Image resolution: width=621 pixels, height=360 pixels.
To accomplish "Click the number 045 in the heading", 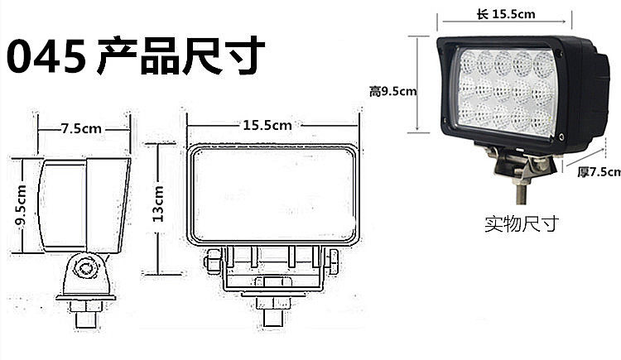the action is (46, 57).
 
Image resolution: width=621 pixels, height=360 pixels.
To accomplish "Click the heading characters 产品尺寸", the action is (181, 55).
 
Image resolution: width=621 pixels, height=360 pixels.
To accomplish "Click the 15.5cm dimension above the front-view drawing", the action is (267, 126).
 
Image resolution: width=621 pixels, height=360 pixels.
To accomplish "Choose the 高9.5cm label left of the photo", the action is (392, 91).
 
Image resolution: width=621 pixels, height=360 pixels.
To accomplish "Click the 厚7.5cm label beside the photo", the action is (598, 171).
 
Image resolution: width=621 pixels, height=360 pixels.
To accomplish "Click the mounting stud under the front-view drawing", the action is (272, 314).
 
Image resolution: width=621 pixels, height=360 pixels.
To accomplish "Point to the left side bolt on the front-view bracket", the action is (212, 262).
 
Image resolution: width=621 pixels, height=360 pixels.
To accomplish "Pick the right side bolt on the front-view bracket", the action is (333, 263).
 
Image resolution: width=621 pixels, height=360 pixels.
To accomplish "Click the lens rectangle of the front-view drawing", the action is (272, 197).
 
